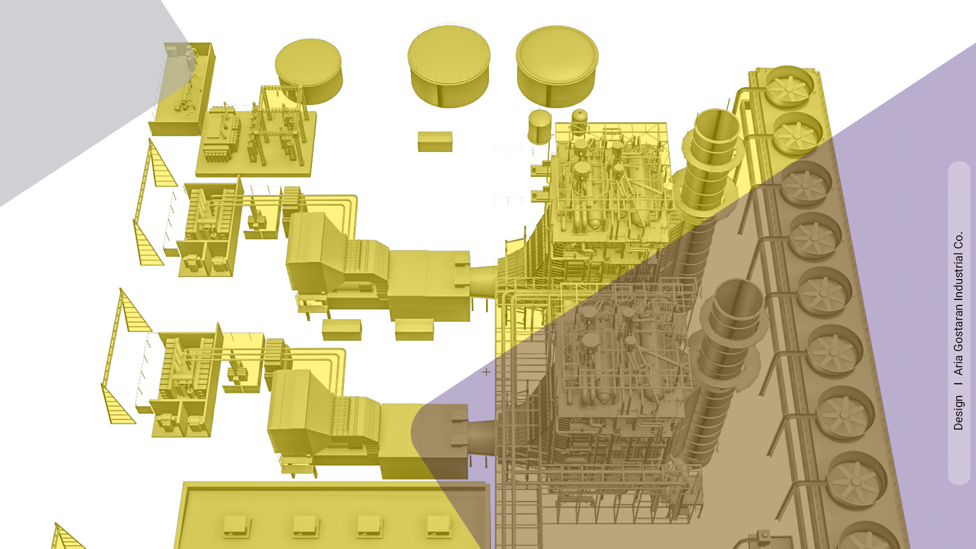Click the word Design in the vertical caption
coord(959,413)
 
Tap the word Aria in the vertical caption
coord(959,364)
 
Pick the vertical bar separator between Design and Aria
coord(959,385)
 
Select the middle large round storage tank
coord(449,66)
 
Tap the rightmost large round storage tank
coord(557,66)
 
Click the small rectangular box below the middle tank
coord(435,141)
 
